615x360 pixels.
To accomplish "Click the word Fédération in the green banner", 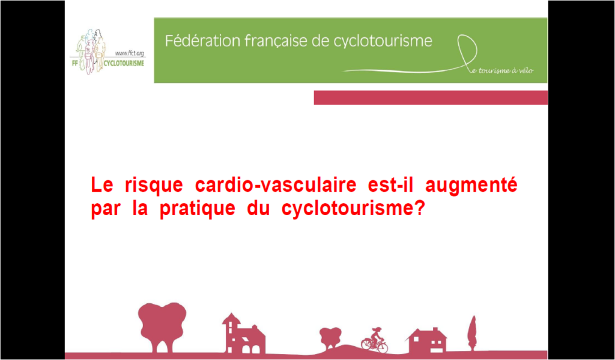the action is [x=196, y=41].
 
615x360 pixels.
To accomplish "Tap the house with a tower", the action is [x=244, y=334].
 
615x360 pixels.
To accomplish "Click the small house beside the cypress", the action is [x=427, y=340].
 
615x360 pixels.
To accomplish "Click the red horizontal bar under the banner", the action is [x=431, y=97].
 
